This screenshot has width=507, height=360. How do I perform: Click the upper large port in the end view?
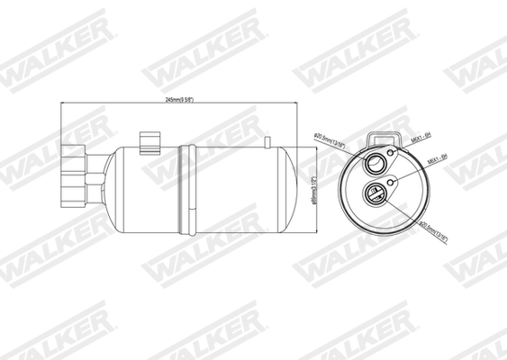pyautogui.click(x=373, y=162)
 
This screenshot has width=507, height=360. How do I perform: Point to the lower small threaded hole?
pyautogui.click(x=392, y=184)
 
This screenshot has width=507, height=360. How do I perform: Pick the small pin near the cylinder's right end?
pyautogui.click(x=268, y=140)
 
